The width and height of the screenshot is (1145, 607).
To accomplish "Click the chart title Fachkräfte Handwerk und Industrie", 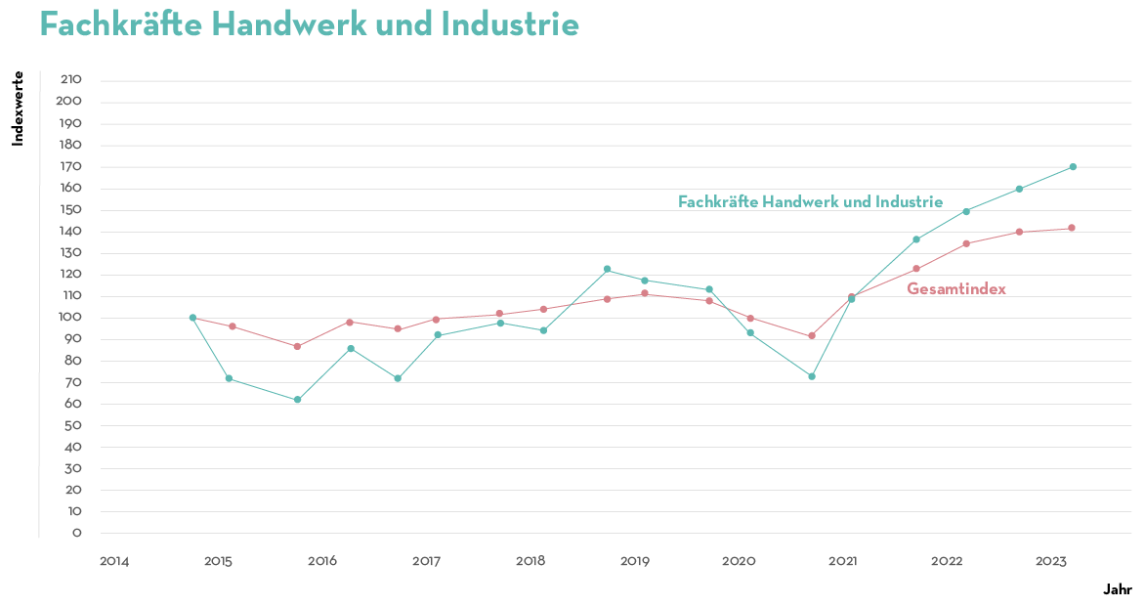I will click(x=309, y=24).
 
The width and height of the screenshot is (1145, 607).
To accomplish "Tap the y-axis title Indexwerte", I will click(x=18, y=108).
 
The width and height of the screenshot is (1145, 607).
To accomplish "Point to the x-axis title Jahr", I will click(x=1118, y=589).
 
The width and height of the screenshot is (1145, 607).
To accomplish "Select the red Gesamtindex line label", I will click(x=956, y=288).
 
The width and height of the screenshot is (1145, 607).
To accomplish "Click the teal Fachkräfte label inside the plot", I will click(x=810, y=201).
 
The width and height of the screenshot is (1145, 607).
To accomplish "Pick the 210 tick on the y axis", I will click(x=70, y=80).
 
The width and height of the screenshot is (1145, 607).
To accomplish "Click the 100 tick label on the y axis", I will click(x=70, y=318).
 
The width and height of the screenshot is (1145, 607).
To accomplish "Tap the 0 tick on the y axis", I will click(x=76, y=534).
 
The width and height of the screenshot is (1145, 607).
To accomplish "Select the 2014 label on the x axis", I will click(x=114, y=561).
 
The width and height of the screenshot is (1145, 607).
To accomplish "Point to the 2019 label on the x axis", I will click(x=635, y=561).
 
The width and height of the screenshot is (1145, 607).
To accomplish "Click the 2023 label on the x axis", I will click(x=1051, y=561).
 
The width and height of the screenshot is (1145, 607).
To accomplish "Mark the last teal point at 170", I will click(x=1073, y=167).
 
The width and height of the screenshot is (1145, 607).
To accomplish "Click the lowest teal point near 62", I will click(x=298, y=400).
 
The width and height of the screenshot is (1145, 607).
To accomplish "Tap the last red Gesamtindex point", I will click(x=1072, y=228).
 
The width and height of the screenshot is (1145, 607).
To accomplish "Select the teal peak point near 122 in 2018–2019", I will click(x=607, y=270).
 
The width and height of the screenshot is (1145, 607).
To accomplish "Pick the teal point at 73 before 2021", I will click(x=812, y=376).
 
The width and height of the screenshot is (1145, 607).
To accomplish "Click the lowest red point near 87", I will click(x=298, y=346).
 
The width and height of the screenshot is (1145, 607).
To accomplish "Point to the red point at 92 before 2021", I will click(x=812, y=336).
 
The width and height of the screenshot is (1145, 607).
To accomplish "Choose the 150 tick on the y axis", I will click(x=70, y=210).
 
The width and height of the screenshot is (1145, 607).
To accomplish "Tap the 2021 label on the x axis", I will click(x=843, y=561).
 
